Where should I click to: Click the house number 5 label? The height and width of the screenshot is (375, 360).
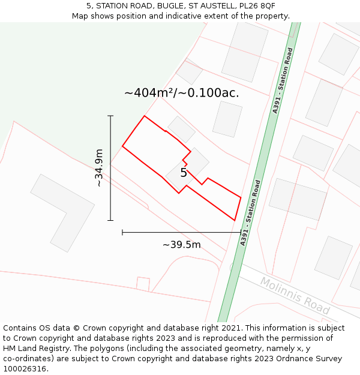pyautogui.click(x=184, y=173)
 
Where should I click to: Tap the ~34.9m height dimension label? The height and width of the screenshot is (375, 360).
pyautogui.click(x=100, y=168)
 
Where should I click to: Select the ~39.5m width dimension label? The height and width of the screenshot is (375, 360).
pyautogui.click(x=181, y=245)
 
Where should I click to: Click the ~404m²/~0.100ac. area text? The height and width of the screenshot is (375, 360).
pyautogui.click(x=181, y=93)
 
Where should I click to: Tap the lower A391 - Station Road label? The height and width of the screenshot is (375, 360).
pyautogui.click(x=250, y=212)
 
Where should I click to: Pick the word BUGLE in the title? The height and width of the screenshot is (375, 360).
pyautogui.click(x=161, y=6)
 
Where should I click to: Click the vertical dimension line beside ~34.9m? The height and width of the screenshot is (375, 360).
pyautogui.click(x=110, y=168)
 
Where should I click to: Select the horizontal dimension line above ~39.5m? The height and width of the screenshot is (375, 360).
pyautogui.click(x=181, y=232)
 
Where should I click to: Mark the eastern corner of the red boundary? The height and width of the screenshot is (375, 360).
pyautogui.click(x=241, y=197)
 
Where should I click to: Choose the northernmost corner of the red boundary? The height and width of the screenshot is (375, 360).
pyautogui.click(x=144, y=116)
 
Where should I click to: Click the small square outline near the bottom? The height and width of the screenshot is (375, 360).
pyautogui.click(x=143, y=284)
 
